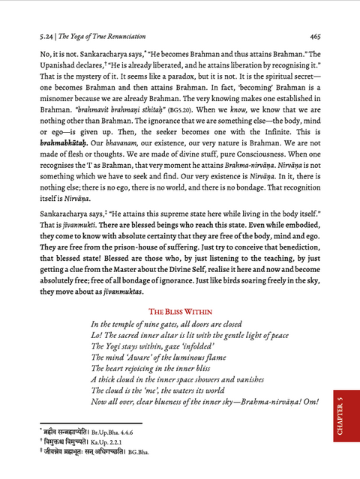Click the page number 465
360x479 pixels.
coord(314,34)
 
